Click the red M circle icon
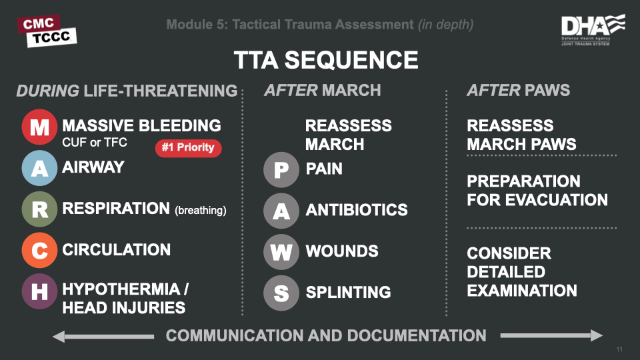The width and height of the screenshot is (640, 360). [x=39, y=127]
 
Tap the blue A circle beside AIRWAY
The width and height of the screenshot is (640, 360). [x=39, y=169]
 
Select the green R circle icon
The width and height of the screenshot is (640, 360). [x=39, y=210]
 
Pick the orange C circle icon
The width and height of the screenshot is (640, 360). [x=39, y=251]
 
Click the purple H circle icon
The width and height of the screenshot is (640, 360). [x=39, y=292]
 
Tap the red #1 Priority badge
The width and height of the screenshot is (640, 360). [x=188, y=147]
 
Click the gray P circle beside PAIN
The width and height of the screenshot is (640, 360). [x=281, y=170]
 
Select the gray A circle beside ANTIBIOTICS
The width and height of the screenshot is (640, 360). [x=281, y=211]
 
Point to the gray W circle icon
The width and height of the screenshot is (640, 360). [x=281, y=253]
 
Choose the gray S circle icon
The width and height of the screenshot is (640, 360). [x=281, y=293]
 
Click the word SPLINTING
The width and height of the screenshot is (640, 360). [x=348, y=292]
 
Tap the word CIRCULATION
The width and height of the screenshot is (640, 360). [x=117, y=250]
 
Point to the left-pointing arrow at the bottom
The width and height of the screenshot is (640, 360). [x=103, y=336]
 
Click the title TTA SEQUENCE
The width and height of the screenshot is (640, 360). [x=326, y=61]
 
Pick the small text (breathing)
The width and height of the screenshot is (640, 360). [x=201, y=211]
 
